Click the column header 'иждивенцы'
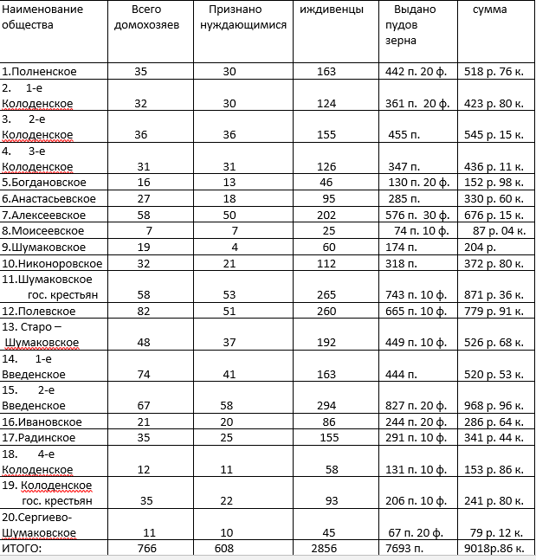(x=326, y=10)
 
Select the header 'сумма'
(x=490, y=10)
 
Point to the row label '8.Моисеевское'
(x=43, y=230)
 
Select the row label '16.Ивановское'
(x=42, y=422)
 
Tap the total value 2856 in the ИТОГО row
(x=326, y=548)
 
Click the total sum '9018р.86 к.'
(x=494, y=548)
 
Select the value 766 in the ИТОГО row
(x=146, y=548)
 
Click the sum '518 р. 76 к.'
(x=494, y=71)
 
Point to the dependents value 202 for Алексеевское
(x=326, y=215)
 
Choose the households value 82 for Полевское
(x=144, y=311)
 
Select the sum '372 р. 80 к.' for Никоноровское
(x=494, y=263)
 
